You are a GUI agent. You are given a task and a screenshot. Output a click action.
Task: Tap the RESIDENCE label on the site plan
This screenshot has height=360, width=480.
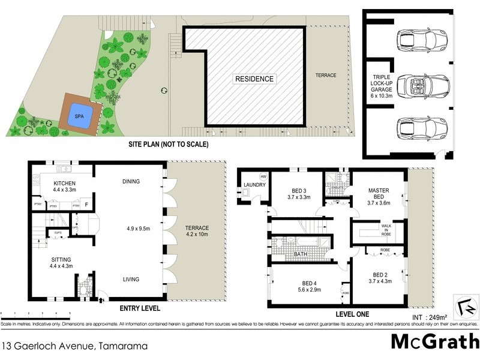tap(254, 79)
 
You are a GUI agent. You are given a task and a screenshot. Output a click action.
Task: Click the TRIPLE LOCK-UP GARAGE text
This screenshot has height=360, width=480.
tap(382, 83)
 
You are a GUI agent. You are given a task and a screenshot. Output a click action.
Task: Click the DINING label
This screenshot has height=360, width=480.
tap(131, 181)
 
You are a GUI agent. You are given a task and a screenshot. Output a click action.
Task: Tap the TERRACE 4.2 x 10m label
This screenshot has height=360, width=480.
tap(197, 232)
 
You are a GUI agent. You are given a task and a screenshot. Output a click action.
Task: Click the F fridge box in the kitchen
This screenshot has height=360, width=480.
tap(87, 203)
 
